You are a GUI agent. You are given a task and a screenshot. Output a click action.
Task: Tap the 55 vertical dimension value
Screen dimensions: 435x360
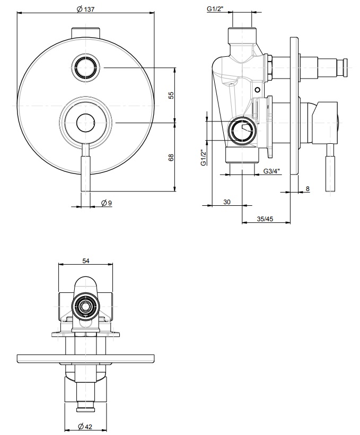coord(171,95)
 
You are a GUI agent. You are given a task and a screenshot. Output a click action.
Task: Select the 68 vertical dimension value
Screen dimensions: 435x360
coord(171,158)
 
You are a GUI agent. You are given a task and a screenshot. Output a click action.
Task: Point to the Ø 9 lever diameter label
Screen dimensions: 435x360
coord(106,203)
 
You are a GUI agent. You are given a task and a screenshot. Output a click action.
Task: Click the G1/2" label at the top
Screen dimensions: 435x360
coord(215,9)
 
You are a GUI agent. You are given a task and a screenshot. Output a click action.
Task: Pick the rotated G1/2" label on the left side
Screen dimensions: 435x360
coord(204,157)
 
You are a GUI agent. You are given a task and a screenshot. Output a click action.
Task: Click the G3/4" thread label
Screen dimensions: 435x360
coord(271,171)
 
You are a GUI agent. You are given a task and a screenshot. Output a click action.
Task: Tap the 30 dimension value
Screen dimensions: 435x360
coord(227,202)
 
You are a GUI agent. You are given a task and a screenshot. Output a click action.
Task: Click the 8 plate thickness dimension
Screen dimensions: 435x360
coord(307,188)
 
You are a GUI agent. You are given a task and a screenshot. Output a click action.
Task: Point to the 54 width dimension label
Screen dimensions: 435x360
coord(86,260)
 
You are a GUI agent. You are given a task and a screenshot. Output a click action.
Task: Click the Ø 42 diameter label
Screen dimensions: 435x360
coord(85,426)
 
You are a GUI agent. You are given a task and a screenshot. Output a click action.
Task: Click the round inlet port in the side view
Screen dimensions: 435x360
coord(241,130)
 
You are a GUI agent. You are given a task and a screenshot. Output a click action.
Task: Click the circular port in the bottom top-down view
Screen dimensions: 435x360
coord(85,306)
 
